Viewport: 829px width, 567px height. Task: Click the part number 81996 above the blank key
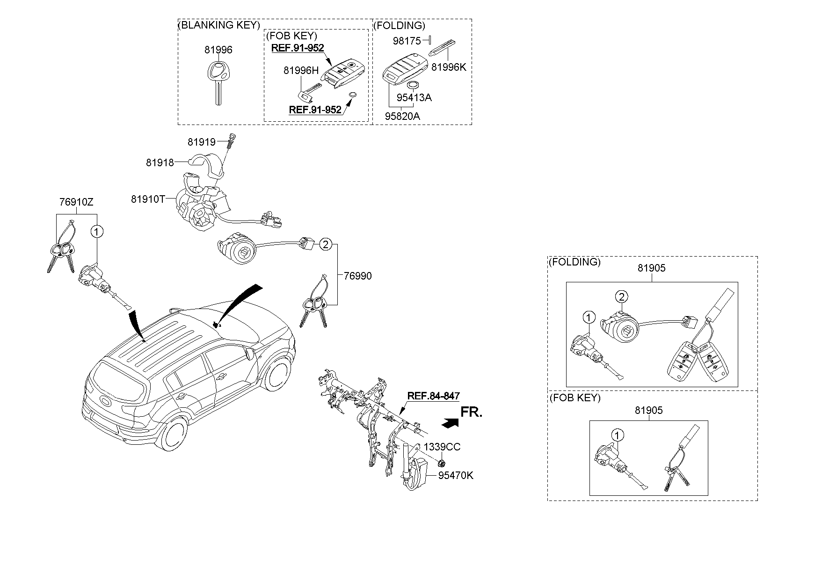(218, 50)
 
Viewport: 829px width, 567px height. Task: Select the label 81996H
(301, 70)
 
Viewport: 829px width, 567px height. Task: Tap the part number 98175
(407, 41)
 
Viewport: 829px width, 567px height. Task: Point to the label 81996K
(449, 67)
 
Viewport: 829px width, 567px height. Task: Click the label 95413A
(414, 97)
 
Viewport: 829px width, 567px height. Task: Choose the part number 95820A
(402, 116)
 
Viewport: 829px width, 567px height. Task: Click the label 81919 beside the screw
(202, 141)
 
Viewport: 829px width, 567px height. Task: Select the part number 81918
(160, 162)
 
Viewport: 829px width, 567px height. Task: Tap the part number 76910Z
(76, 202)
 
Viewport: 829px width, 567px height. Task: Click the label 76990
(358, 276)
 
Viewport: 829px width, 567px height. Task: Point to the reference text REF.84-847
(433, 396)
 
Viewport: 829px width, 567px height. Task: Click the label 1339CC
(442, 447)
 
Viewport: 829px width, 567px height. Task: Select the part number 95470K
(456, 475)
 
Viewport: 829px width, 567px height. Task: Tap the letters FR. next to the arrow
(471, 412)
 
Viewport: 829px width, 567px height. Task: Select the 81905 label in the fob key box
(649, 410)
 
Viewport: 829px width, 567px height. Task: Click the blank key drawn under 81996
(218, 82)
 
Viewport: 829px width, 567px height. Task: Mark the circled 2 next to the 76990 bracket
(326, 244)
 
